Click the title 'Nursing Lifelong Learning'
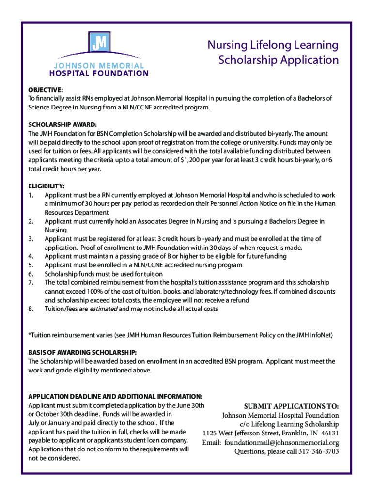click(273, 45)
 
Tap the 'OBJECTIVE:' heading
click(46, 90)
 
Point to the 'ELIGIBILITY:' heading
click(47, 186)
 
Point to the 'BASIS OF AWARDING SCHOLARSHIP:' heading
click(82, 352)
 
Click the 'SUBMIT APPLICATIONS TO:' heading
click(291, 406)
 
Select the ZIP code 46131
click(328, 433)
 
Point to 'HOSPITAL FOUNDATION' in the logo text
click(99, 73)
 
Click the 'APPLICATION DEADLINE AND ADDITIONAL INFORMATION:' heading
click(115, 396)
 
